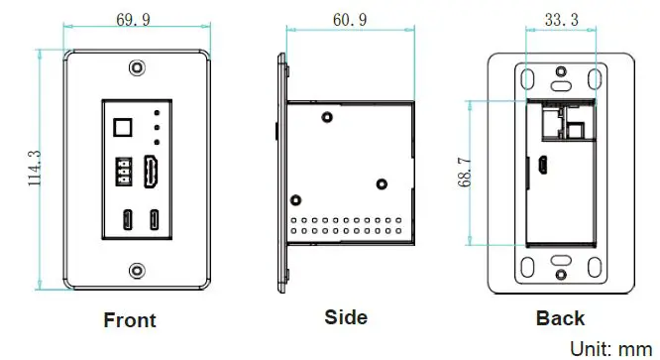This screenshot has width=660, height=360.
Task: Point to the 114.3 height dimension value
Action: click(34, 169)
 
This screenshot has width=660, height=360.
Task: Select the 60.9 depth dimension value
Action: click(349, 20)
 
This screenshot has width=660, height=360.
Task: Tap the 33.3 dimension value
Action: click(562, 20)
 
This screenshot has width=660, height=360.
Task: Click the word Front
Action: click(130, 320)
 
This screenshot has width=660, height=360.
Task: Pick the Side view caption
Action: click(346, 317)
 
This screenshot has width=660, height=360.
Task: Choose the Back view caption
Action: click(561, 318)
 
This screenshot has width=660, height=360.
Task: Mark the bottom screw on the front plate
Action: click(136, 268)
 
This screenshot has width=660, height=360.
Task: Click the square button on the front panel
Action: click(124, 128)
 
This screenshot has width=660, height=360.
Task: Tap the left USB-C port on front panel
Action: click(128, 219)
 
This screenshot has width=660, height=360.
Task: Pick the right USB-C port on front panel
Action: click(155, 219)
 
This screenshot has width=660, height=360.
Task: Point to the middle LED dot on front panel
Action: click(156, 128)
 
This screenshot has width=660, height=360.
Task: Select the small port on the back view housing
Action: click(544, 165)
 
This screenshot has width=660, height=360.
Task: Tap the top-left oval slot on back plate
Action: click(525, 78)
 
